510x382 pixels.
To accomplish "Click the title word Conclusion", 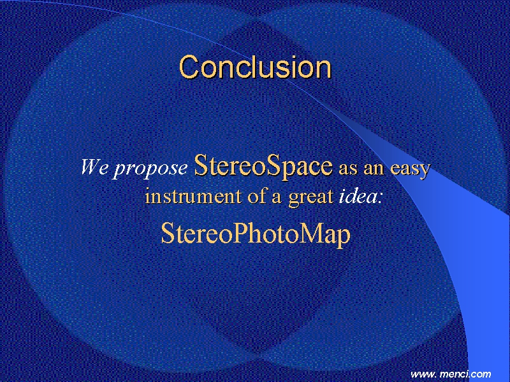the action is pos(255,67).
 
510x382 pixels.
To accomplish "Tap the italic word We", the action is pos(94,167).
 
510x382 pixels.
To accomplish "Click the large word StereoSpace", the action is pos(263,166).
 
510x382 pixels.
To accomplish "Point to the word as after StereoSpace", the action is pos(348,169).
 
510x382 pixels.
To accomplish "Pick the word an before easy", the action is pos(374,169).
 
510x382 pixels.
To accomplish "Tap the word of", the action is pos(257,195).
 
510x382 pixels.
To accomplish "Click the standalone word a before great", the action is pos(277,198).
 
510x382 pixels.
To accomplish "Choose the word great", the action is pos(310,197).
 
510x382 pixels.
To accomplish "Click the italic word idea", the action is pos(358,195).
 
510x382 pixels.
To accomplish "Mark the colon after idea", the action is pos(379,199).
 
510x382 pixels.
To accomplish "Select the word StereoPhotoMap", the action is pos(256,234).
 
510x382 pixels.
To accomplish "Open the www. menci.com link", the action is pos(451,374).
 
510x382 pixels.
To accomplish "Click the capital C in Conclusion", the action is pos(189,67).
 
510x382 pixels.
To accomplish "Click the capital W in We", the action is pos(90,167).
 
